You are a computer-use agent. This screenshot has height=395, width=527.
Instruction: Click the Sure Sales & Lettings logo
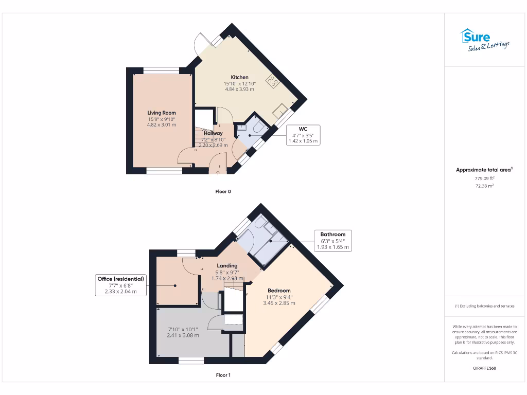[x=484, y=40]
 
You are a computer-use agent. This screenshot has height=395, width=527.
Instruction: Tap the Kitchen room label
[x=236, y=77]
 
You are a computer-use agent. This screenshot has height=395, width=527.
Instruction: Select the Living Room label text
[x=162, y=113]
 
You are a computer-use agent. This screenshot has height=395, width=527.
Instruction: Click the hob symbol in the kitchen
[x=271, y=81]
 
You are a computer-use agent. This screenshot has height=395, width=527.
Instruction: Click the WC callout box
[x=303, y=135]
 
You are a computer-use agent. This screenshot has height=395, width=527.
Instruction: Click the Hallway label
[x=213, y=133]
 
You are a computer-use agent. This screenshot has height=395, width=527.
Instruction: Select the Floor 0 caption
[x=223, y=191]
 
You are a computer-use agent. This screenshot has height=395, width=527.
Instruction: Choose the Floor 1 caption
[x=223, y=375]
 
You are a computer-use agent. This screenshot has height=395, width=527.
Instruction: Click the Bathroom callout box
[x=333, y=241]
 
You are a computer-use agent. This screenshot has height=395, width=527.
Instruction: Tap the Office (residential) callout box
[x=121, y=285]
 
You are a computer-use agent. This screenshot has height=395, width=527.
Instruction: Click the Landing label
[x=227, y=266]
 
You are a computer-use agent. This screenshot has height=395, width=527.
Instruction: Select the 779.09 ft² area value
[x=484, y=178]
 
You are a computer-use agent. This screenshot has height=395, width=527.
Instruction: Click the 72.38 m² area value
[x=484, y=186]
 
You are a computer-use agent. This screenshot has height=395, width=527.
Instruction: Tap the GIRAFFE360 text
[x=484, y=368]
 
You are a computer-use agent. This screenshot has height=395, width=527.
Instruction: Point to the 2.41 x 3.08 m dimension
[x=183, y=335]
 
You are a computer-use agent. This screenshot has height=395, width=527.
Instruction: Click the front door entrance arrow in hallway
[x=217, y=172]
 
